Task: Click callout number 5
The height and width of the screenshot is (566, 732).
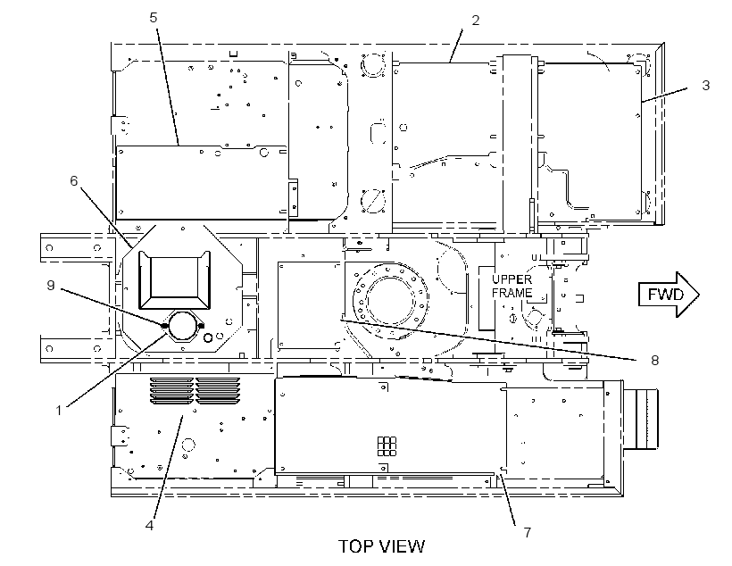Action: pos(154,18)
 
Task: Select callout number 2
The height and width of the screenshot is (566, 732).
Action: pos(475,21)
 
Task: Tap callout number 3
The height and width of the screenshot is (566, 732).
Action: pos(706,86)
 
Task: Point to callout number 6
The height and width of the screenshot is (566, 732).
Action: pos(74,180)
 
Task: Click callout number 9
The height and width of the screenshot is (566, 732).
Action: pos(51,286)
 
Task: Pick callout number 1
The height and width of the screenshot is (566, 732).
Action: pos(59,411)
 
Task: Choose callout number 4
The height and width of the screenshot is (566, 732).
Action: pos(149,525)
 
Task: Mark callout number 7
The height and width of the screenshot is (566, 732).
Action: pos(527,532)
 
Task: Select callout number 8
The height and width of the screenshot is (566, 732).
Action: pos(654,360)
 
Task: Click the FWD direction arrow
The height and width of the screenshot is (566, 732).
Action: pos(669,295)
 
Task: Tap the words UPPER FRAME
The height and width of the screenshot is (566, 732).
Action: pos(512,287)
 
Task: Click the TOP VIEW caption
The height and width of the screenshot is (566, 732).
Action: pos(381,546)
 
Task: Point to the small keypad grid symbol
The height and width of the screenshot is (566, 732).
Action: pos(387,446)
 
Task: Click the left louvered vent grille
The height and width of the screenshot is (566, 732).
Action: pos(171,391)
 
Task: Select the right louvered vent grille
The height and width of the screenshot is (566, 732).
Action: pos(218,391)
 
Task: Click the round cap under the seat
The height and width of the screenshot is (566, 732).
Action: pos(182,326)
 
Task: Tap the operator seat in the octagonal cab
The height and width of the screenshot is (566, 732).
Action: pos(174,279)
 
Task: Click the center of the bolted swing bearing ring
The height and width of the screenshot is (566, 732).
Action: pos(390,298)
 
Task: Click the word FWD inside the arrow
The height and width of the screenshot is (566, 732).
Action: pos(665,295)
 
